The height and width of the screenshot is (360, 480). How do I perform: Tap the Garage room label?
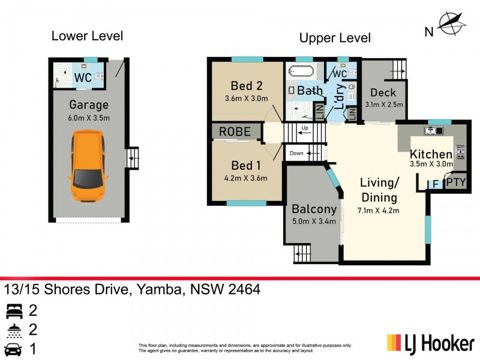pos(88,106)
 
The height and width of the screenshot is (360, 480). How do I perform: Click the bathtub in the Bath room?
pos(299,72)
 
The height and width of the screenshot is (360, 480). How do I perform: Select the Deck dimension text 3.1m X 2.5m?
pos(384,104)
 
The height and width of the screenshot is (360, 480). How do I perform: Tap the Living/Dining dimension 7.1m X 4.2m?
pos(379,210)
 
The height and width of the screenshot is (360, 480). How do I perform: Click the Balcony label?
pos(313,210)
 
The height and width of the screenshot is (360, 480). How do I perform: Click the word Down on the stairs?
pos(296,154)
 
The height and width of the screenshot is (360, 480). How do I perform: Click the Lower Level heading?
pos(87,35)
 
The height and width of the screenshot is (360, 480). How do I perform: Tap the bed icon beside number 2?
pos(13,311)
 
